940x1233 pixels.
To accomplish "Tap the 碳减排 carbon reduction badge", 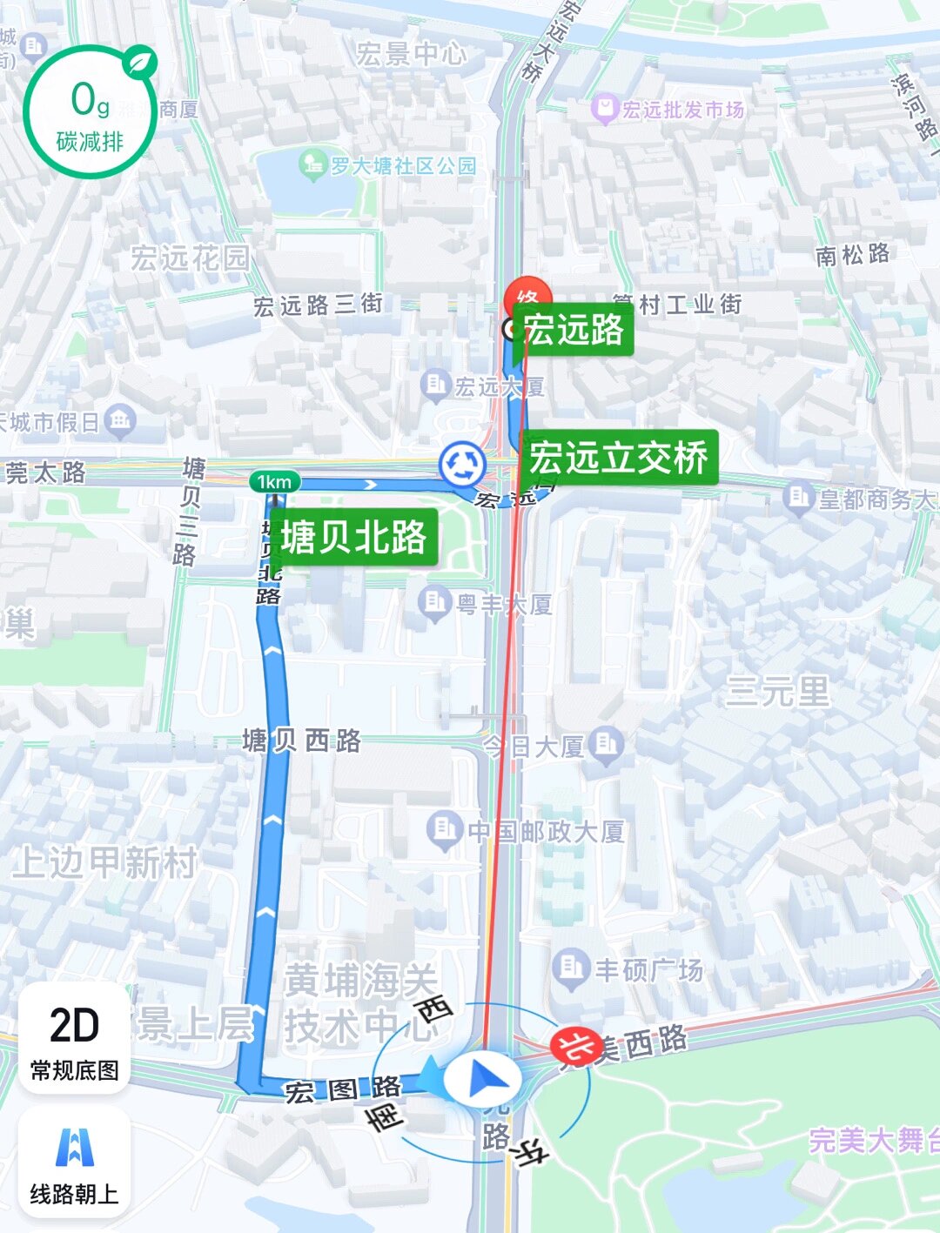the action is pos(89,111).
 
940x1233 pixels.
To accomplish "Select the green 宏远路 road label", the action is pos(574,330).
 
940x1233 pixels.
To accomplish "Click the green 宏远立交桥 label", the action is pos(619,458).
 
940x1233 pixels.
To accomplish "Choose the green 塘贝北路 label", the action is pos(353,537).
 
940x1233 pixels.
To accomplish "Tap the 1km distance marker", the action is pos(274,481).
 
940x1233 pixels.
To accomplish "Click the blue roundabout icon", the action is pos(462,464).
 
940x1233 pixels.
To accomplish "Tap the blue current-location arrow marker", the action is pos(483,1078).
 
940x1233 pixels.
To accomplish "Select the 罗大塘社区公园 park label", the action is pos(389,164).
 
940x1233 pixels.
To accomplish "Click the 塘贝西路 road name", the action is pos(301,741).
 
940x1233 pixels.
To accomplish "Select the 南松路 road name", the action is pos(852,254).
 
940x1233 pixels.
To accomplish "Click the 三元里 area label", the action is pos(777,693).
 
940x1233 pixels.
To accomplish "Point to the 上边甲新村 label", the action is pos(104,862).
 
